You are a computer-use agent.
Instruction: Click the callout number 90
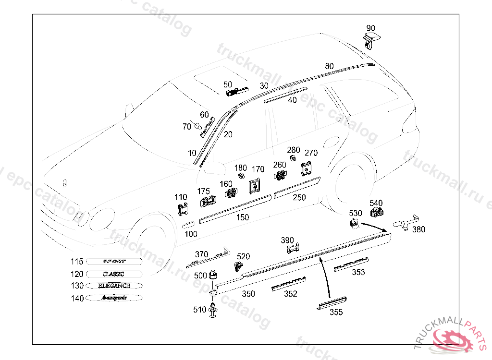(370, 28)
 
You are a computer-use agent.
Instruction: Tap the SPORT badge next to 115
(114, 261)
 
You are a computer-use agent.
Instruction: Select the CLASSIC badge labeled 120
(114, 274)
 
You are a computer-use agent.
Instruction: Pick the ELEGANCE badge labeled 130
(114, 286)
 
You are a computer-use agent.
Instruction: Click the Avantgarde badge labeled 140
(114, 298)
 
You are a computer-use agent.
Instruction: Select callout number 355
(336, 312)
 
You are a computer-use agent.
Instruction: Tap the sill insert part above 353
(352, 263)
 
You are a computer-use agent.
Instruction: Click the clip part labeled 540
(376, 211)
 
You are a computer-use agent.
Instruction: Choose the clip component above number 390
(293, 248)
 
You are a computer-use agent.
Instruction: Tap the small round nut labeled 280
(292, 159)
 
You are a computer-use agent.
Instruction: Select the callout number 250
(299, 197)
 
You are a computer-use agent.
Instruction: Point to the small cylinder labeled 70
(197, 126)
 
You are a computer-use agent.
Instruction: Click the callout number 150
(243, 217)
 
